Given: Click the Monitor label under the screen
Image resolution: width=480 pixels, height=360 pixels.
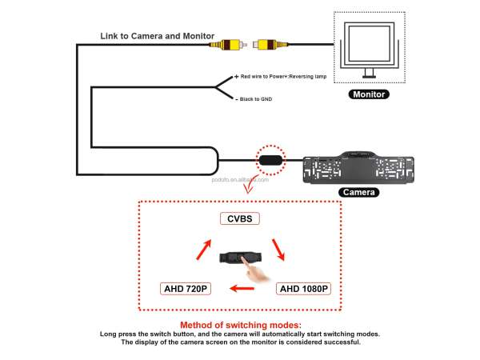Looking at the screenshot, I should (x=369, y=94).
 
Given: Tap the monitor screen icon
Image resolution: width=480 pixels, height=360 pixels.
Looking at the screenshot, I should (x=367, y=46).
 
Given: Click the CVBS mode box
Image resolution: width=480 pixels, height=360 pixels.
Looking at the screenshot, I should (x=240, y=218).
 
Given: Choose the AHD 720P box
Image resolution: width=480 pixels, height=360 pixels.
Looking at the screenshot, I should (x=185, y=288).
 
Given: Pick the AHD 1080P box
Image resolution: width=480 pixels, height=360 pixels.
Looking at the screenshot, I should (x=303, y=288).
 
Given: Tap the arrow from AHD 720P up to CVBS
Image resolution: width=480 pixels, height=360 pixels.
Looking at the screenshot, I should (x=202, y=249).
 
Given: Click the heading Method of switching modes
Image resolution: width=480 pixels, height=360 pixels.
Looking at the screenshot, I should (x=240, y=325).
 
